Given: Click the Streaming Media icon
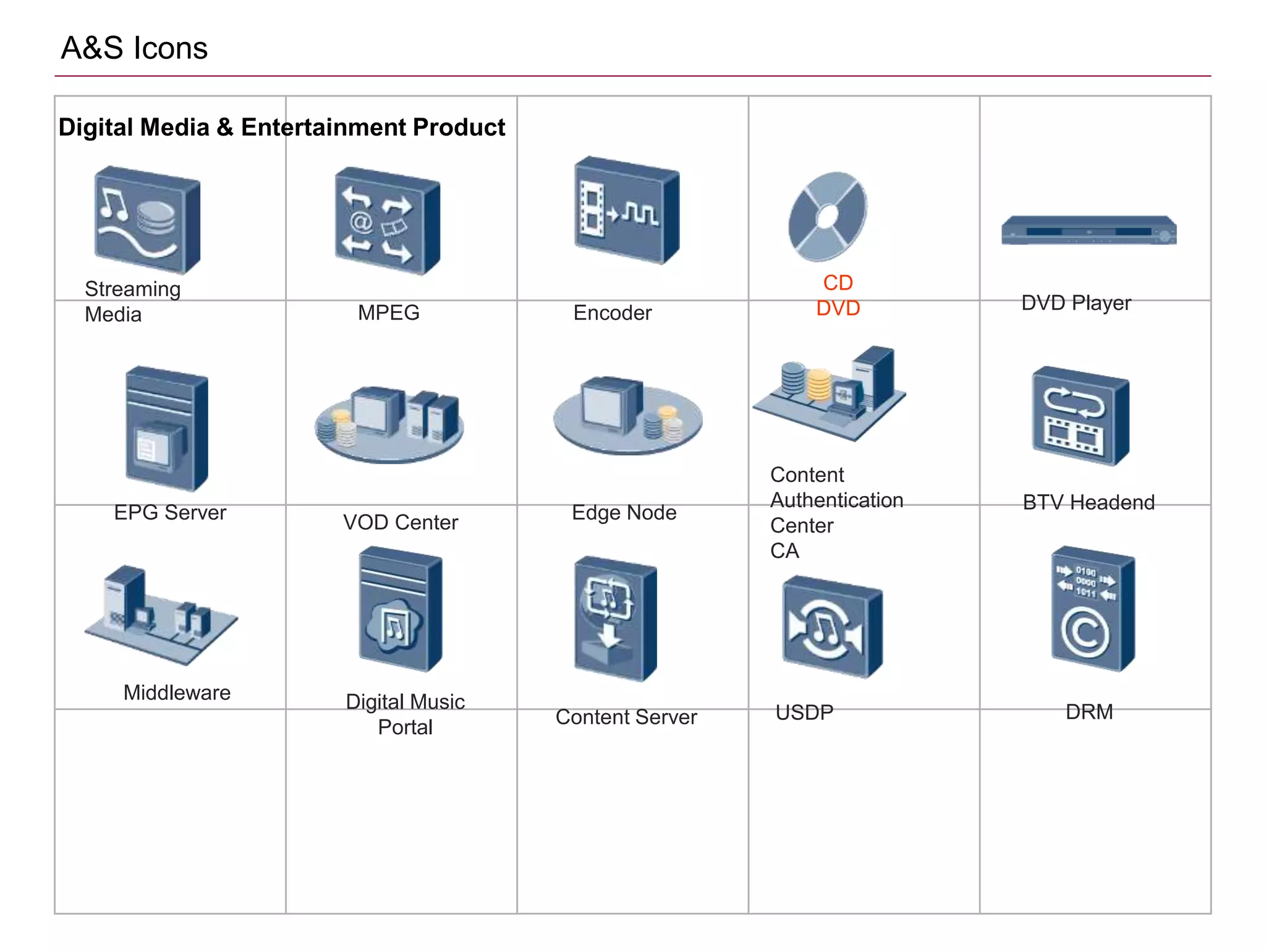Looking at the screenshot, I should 147,220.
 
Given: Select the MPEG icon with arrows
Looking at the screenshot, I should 387,221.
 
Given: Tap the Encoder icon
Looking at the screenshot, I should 626,210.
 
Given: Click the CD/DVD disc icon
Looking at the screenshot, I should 827,216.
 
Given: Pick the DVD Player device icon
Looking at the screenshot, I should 1089,231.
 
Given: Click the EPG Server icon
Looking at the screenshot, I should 166,429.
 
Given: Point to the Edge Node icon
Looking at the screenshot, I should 627,414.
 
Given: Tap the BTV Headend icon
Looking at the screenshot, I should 1080,416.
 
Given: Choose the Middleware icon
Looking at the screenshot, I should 160,615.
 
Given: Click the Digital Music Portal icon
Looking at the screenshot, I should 400,609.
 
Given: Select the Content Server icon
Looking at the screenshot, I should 614,618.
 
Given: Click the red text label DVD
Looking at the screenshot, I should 838,308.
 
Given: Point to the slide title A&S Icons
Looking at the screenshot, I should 134,48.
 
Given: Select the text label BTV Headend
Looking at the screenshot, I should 1088,502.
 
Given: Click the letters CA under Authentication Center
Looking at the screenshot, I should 784,550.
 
